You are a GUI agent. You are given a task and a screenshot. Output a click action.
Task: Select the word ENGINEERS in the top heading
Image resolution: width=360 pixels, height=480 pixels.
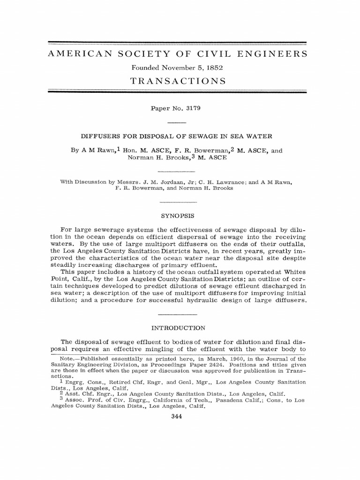coord(275,54)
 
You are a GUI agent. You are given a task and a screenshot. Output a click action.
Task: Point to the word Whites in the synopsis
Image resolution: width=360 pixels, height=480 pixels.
coord(293,272)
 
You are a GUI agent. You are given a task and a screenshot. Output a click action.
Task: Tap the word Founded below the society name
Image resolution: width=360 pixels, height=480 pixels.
coord(148,67)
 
